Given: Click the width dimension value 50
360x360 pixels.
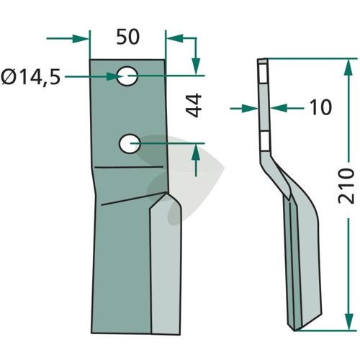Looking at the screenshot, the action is click(127, 37).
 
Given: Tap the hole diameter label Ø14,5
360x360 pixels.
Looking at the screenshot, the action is click(31, 77).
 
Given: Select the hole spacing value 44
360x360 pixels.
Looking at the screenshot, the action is click(194, 105).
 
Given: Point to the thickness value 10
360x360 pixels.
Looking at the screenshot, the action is click(320, 107).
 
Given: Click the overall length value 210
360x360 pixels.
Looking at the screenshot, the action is click(346, 186).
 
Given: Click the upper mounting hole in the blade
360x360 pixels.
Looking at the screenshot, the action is click(127, 76).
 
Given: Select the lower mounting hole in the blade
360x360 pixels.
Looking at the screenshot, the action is click(130, 143).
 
